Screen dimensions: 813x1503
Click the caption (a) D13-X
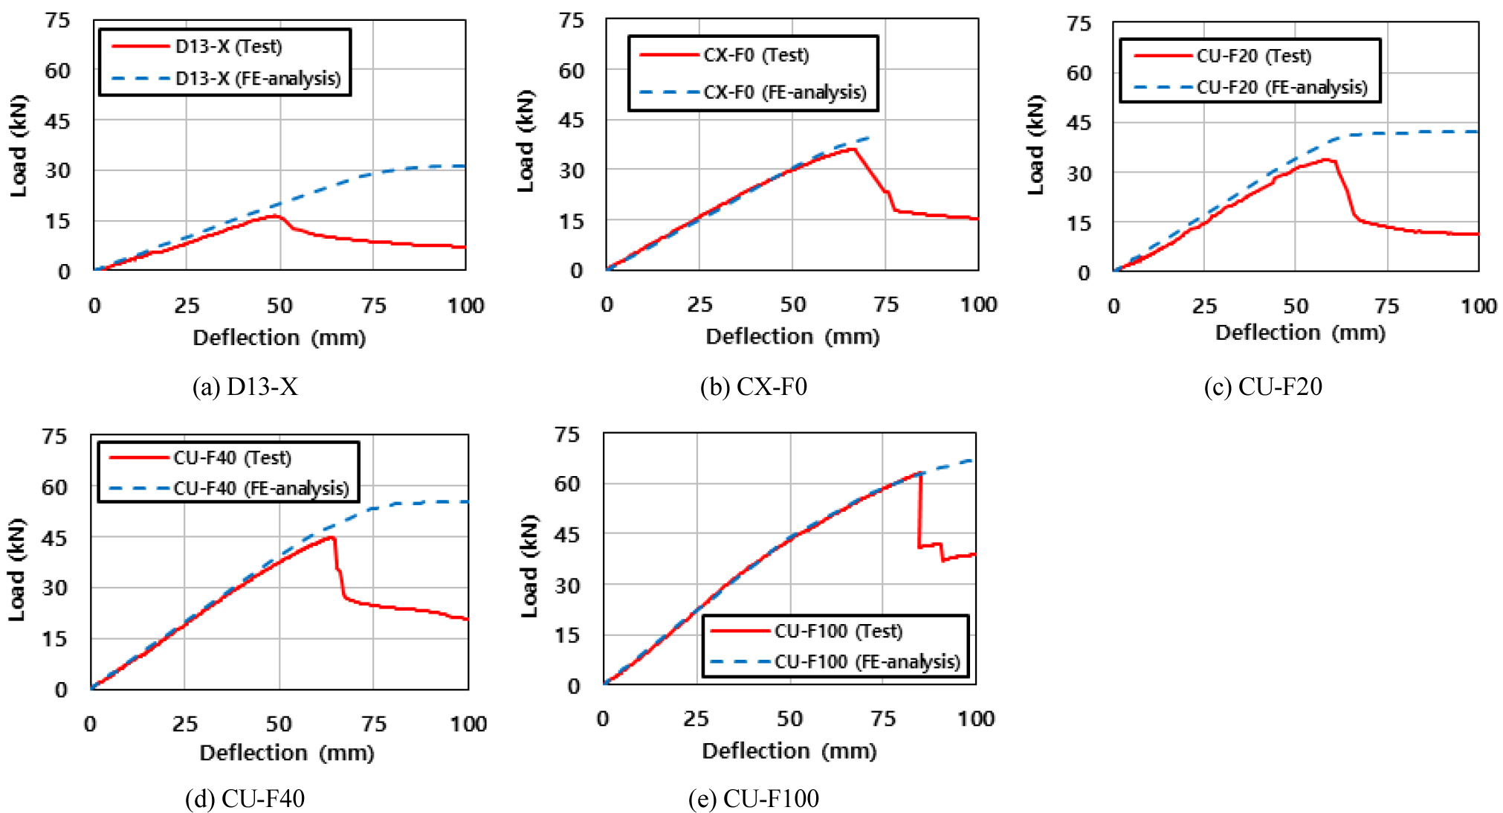[245, 387]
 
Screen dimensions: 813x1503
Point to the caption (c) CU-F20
[1262, 387]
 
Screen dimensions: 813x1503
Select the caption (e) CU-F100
[753, 798]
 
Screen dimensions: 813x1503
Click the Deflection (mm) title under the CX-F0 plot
[792, 337]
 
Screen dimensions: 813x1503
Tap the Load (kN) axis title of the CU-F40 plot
[16, 569]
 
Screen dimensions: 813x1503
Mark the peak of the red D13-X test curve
[274, 216]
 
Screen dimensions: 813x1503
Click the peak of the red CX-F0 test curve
[855, 149]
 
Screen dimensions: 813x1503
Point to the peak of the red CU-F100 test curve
[920, 473]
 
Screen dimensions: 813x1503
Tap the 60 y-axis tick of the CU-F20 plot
[1079, 73]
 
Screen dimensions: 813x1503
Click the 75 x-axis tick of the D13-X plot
[373, 306]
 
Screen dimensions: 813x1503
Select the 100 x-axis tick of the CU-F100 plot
[975, 719]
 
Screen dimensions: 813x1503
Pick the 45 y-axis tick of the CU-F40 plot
[54, 537]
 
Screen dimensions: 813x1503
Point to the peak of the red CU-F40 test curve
[332, 537]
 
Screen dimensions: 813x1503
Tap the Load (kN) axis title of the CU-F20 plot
[1035, 145]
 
